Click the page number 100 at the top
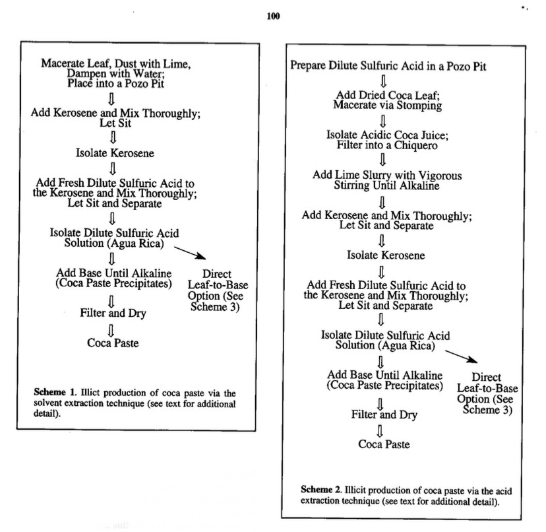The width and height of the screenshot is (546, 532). click(273, 17)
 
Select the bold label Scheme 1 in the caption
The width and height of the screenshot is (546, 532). click(53, 392)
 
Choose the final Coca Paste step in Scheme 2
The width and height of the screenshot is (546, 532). click(384, 444)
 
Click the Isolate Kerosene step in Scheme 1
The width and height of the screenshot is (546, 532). click(115, 154)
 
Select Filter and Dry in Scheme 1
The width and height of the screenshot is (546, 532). click(113, 313)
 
